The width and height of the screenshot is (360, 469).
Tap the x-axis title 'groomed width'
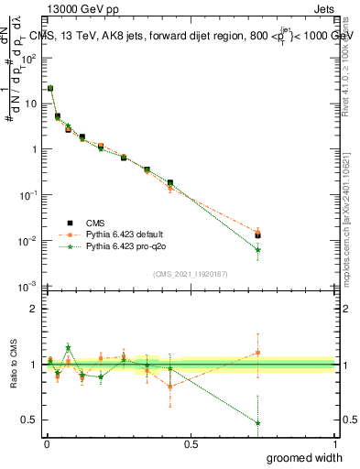[292, 457]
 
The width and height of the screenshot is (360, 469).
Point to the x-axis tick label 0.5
[191, 443]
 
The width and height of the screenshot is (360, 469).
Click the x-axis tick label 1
[334, 443]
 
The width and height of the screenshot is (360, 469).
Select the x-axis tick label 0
[47, 443]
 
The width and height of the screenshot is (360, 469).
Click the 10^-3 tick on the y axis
[30, 287]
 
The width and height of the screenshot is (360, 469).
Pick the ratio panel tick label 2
[36, 309]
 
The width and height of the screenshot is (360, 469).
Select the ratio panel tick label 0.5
[32, 420]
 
